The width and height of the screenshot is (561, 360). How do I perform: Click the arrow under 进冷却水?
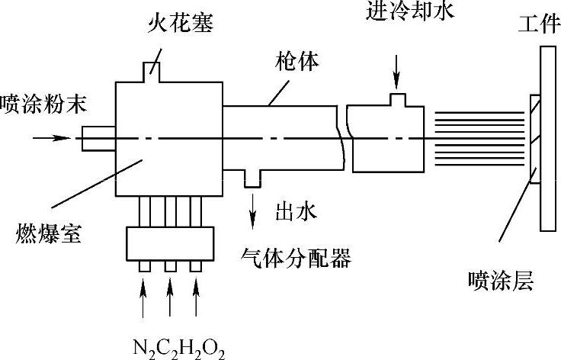click(396, 77)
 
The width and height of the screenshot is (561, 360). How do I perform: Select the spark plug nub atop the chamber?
click(157, 69)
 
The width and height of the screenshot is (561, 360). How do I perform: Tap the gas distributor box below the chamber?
click(170, 244)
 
